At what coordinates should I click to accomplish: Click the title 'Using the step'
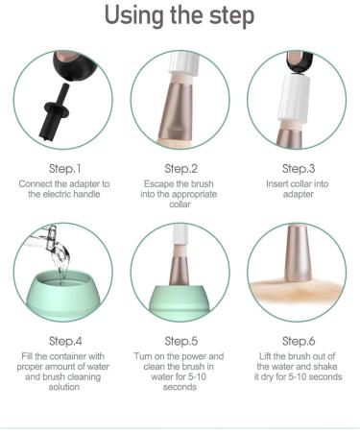(180, 17)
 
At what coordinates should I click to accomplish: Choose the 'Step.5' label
(180, 340)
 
